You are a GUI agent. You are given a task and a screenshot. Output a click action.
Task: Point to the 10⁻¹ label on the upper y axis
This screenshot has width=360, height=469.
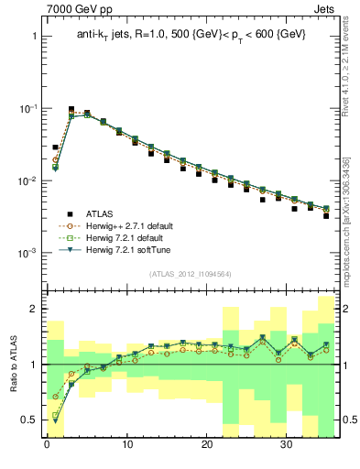(23, 108)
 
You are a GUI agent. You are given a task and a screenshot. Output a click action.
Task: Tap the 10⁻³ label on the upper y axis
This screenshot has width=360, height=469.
(23, 253)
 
